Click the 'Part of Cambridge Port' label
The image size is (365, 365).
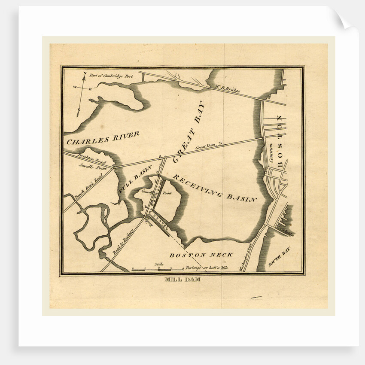coord(111,76)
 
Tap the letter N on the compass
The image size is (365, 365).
coord(85,73)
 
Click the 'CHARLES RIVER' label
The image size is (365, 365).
coord(103,138)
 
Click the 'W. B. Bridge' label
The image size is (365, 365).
coord(227,89)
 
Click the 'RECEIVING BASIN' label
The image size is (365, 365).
coord(215,188)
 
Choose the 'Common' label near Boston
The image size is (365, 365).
coord(271,160)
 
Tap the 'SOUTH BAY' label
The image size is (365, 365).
coord(279,257)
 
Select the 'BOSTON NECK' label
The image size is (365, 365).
coord(201,255)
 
